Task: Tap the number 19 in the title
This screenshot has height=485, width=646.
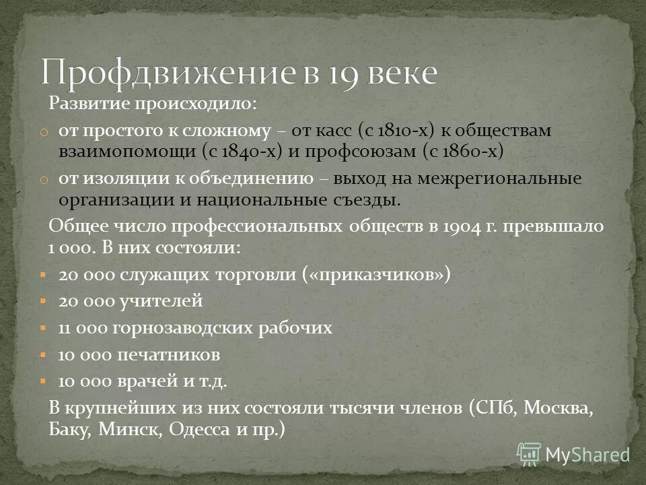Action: click(x=325, y=72)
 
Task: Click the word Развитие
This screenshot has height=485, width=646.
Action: click(x=91, y=105)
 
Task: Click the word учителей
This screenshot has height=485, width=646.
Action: click(x=162, y=301)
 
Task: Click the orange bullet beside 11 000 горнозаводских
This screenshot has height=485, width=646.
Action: click(x=42, y=329)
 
